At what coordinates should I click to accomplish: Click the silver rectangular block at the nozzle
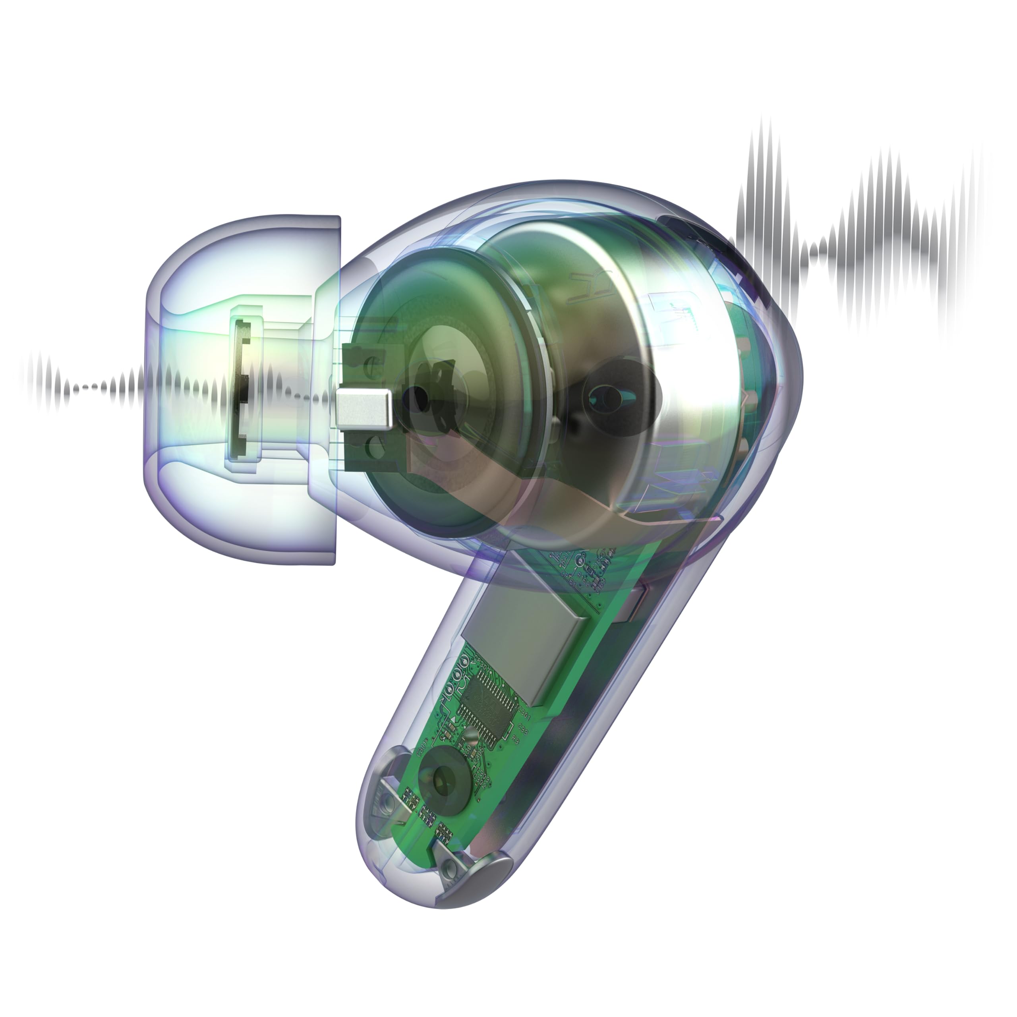pyautogui.click(x=364, y=408)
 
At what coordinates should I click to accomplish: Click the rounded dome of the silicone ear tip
pyautogui.click(x=174, y=390)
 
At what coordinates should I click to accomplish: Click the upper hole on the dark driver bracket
pyautogui.click(x=371, y=363)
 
